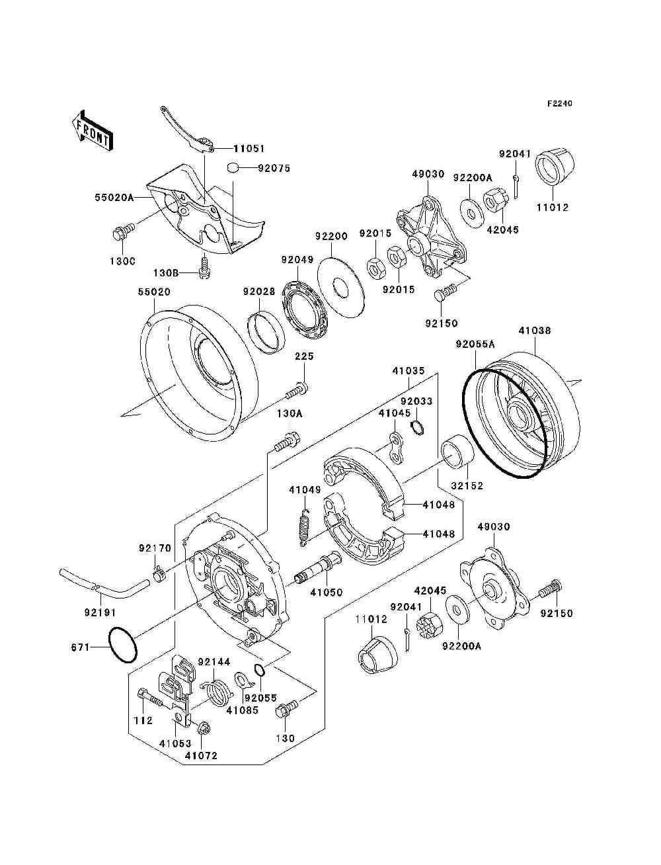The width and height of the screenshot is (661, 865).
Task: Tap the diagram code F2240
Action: click(559, 104)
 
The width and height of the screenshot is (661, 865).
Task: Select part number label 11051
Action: click(249, 149)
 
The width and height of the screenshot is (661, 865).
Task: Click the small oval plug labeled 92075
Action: click(233, 167)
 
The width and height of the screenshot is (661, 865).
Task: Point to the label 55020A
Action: click(114, 198)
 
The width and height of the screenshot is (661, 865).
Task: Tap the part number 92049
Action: click(297, 260)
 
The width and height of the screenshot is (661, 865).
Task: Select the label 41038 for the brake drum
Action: click(534, 330)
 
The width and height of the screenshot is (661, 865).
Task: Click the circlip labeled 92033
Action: click(417, 427)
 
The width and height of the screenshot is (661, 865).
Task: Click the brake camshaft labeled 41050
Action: click(317, 569)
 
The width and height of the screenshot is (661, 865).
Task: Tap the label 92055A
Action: click(475, 344)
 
